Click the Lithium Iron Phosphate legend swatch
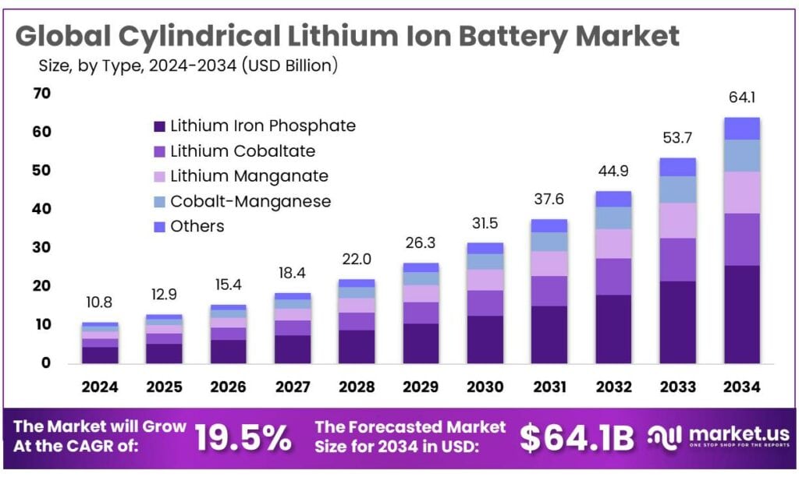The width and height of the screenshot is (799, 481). (160, 126)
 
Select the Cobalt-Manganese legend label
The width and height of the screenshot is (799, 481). (250, 201)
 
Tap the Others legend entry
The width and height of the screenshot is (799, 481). (197, 226)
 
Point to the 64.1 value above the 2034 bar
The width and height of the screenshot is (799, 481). (741, 98)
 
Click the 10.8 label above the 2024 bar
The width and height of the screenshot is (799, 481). (100, 303)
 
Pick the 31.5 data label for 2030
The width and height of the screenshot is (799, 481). (485, 224)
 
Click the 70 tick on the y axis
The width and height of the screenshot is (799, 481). (41, 94)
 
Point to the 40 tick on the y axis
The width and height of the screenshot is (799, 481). (41, 209)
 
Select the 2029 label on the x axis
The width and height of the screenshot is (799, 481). (421, 387)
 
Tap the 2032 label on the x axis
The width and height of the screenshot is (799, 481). (613, 387)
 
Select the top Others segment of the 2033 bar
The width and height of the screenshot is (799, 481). (677, 167)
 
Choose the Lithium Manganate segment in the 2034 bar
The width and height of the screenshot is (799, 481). (741, 193)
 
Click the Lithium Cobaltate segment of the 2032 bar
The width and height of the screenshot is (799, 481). (613, 277)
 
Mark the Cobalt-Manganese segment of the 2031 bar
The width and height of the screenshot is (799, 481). (549, 242)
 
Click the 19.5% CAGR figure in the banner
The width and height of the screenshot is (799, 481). (243, 438)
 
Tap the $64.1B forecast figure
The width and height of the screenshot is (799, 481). (577, 438)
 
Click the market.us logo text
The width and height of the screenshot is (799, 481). (737, 433)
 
